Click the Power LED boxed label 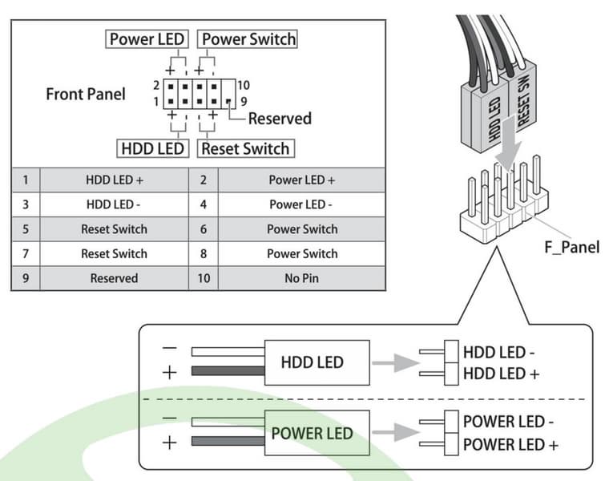click(x=147, y=39)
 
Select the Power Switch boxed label click(x=248, y=39)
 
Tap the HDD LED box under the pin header click(x=152, y=148)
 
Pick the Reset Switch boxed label click(x=245, y=148)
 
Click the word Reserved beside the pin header click(x=280, y=119)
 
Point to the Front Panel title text click(x=86, y=94)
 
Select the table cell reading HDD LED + click(x=114, y=180)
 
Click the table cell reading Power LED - click(x=302, y=204)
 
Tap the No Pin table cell click(x=302, y=278)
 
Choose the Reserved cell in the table click(x=114, y=278)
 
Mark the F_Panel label click(x=571, y=247)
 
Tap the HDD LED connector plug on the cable click(x=494, y=120)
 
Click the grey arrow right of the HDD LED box click(x=397, y=362)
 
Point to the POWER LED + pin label click(x=510, y=445)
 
